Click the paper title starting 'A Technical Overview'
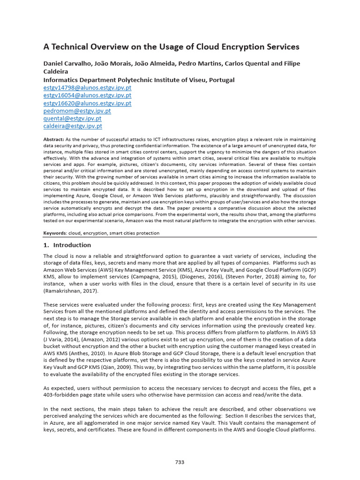(171, 47)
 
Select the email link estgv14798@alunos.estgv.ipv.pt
(87, 88)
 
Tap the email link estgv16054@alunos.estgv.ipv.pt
(87, 96)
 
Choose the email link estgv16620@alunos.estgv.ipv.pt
(87, 103)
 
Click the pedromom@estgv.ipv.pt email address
(77, 111)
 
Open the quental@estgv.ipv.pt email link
(73, 119)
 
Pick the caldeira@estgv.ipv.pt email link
(73, 126)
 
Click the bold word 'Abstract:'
(53, 140)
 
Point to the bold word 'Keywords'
(55, 233)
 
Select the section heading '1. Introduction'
(67, 245)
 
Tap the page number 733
(180, 462)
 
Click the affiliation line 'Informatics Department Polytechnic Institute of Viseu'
(139, 80)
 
